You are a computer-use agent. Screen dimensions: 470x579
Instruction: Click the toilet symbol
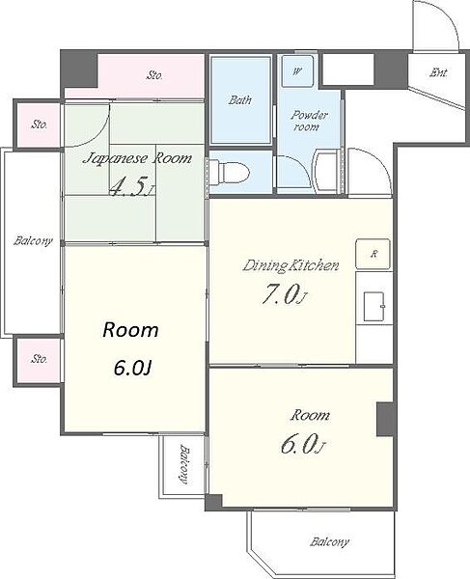pos(235,172)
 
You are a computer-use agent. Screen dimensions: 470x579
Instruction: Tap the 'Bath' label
pos(240,99)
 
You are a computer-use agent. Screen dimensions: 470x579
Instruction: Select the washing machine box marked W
pos(297,70)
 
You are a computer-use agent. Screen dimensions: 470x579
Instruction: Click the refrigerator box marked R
pos(373,254)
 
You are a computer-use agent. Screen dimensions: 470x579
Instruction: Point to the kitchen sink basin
pos(374,307)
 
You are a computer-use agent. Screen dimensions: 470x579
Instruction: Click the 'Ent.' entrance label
pos(438,72)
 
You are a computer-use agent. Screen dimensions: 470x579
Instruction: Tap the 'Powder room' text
pos(309,121)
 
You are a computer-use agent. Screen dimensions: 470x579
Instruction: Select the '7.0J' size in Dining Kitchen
pos(285,296)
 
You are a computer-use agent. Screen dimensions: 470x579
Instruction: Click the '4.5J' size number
pos(131,187)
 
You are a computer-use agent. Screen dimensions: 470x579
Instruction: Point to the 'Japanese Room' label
pos(137,159)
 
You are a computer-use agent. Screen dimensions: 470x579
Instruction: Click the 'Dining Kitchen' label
pos(290,266)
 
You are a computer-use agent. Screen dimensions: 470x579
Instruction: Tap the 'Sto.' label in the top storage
pos(154,75)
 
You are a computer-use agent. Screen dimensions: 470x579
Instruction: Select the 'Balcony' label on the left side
pos(33,241)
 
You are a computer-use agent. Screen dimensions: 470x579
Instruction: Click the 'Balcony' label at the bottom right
pos(329,542)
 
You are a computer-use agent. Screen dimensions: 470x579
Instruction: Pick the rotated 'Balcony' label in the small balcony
pos(184,464)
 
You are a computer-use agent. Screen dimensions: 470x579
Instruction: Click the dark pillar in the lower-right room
pos(385,420)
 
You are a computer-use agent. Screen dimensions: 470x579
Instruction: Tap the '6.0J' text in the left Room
pos(132,368)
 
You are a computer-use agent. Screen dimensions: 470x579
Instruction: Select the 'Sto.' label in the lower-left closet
pos(39,359)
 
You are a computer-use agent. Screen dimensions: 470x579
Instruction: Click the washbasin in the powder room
pos(326,172)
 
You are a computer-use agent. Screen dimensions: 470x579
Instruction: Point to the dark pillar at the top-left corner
pos(79,70)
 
